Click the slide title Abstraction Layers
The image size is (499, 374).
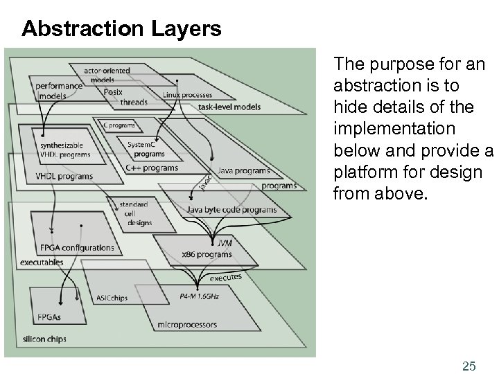coord(121,29)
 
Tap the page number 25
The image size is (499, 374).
coord(469,346)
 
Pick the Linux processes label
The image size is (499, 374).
coord(187,94)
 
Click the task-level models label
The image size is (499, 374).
coord(229,107)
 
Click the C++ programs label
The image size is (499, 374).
coord(152,168)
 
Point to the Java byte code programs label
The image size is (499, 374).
coord(231,209)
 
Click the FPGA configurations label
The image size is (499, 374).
coord(76,247)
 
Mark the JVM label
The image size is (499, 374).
coord(225,244)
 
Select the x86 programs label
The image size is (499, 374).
coord(207,254)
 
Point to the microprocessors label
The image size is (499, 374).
coord(186,324)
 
